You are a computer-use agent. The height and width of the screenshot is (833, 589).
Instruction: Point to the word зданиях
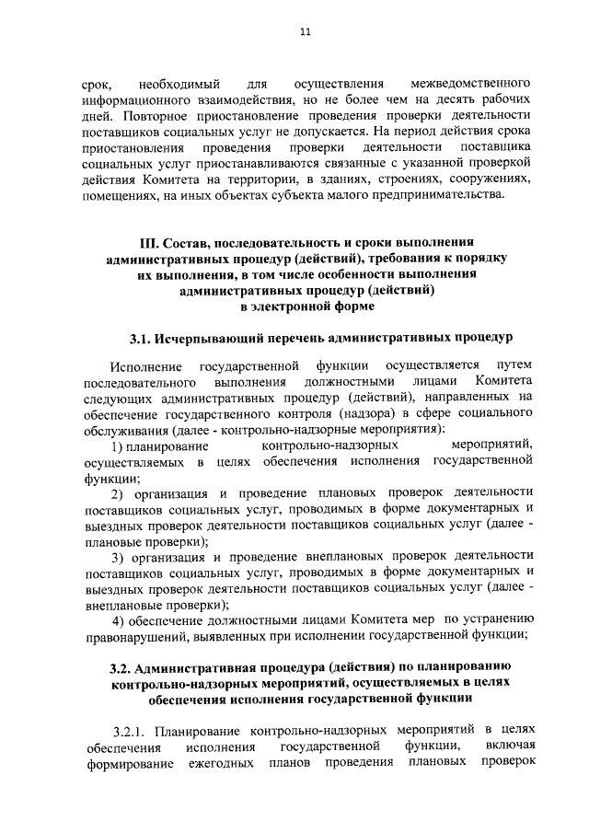[344, 179]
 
